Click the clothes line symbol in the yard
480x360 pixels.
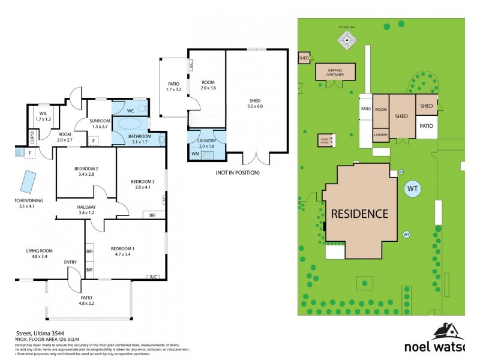pyautogui.click(x=347, y=41)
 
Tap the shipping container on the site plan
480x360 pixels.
pyautogui.click(x=335, y=72)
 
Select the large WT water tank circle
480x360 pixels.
pyautogui.click(x=413, y=188)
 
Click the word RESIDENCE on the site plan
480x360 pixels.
pyautogui.click(x=360, y=213)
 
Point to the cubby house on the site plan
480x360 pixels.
pyautogui.click(x=326, y=141)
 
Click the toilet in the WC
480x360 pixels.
pyautogui.click(x=140, y=109)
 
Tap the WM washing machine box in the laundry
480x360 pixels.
pyautogui.click(x=195, y=154)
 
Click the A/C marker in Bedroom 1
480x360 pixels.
pyautogui.click(x=153, y=277)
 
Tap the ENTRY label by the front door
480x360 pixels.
pyautogui.click(x=70, y=262)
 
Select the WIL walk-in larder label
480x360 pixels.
pyautogui.click(x=43, y=113)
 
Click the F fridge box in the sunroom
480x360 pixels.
pyautogui.click(x=93, y=142)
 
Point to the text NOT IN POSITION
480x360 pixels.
pyautogui.click(x=237, y=173)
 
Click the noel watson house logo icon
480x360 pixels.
pyautogui.click(x=445, y=332)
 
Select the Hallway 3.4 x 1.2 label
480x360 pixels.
pyautogui.click(x=86, y=209)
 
